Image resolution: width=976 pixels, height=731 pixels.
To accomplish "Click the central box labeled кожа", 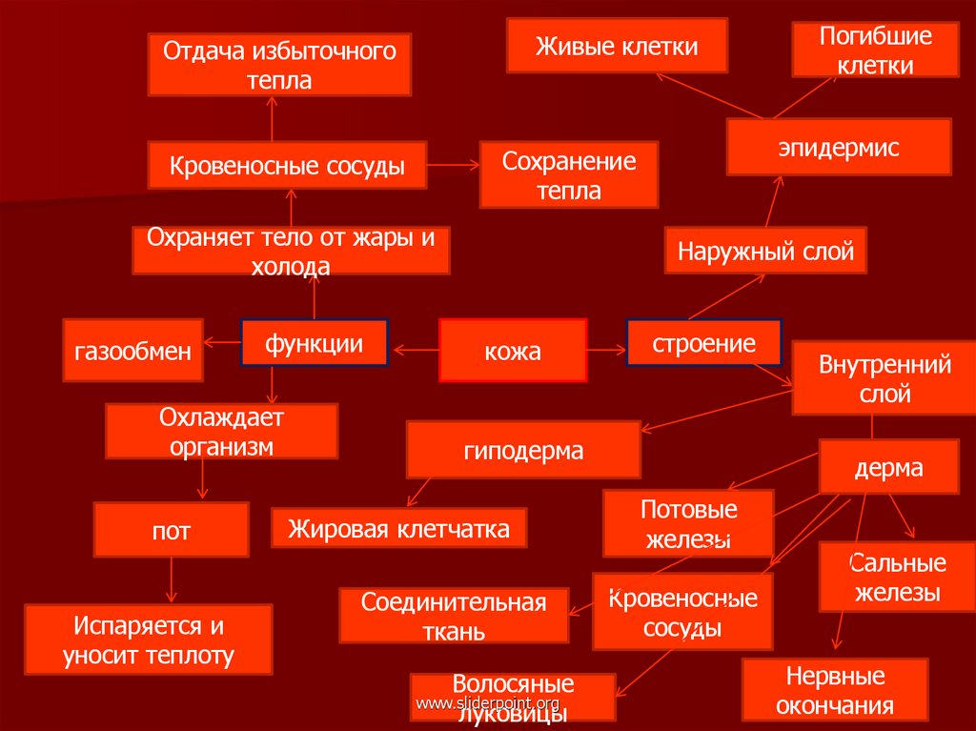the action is [x=512, y=351].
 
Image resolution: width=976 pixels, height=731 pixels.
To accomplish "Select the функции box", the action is [x=314, y=343].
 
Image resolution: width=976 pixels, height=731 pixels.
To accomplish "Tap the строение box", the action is [x=703, y=343].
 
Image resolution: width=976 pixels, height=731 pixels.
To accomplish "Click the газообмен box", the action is [x=132, y=350].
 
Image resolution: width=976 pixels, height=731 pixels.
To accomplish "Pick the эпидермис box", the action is [x=838, y=147].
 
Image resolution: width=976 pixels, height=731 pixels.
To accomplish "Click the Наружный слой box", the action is [x=765, y=252].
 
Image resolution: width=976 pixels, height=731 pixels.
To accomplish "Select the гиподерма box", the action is [x=522, y=450].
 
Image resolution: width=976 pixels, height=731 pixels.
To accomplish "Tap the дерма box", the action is [x=888, y=467].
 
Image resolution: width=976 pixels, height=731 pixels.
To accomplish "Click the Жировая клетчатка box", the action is [x=399, y=527].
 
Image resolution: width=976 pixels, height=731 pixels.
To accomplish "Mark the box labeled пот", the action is [x=171, y=530].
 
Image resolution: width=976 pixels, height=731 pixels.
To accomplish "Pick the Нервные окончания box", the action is [x=835, y=690].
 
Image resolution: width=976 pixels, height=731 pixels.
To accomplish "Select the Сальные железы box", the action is [x=897, y=577].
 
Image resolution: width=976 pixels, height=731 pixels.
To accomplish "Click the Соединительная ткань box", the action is [x=454, y=616].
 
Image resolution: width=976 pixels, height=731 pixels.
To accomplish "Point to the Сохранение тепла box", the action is [x=568, y=174].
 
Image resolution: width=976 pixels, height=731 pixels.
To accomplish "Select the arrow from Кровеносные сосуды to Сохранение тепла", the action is [x=452, y=166].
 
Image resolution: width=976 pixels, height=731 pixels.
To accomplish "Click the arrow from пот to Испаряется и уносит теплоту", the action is [x=171, y=579].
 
